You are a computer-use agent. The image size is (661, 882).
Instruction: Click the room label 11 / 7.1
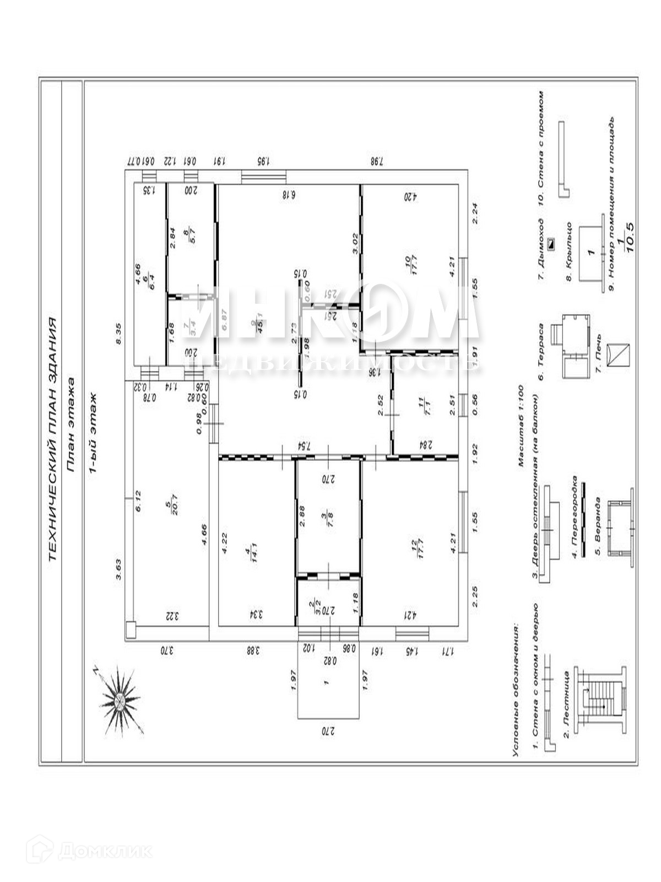pos(422,405)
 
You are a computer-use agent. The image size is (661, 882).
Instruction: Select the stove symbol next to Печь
pos(617,354)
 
